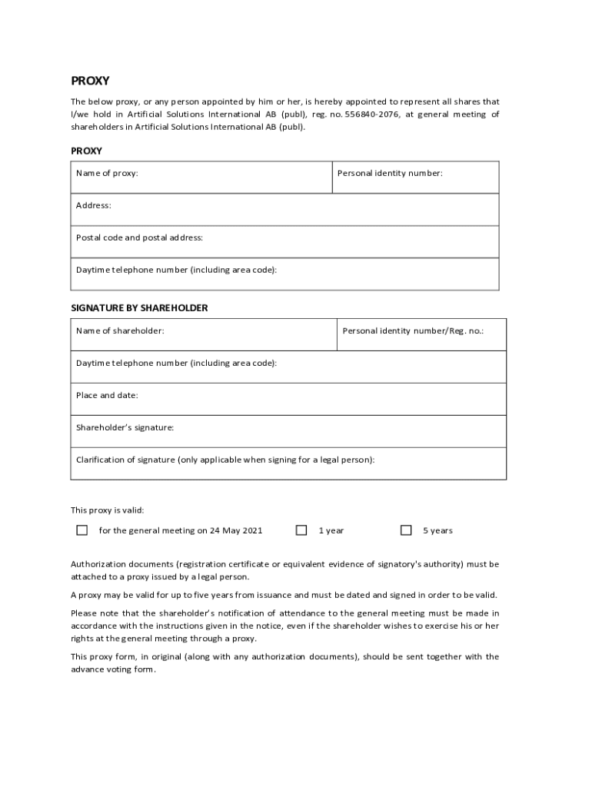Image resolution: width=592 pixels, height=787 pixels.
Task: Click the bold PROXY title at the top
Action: (90, 81)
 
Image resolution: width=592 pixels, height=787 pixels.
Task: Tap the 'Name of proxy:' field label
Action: (107, 173)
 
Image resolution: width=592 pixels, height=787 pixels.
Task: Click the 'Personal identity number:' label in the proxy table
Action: (390, 173)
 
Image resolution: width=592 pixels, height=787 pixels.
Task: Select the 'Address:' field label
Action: (93, 205)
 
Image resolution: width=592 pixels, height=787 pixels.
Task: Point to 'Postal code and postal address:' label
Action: (139, 237)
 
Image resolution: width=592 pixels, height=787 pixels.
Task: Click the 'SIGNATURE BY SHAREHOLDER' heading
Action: (139, 307)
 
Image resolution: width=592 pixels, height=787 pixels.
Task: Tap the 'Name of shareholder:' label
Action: (119, 330)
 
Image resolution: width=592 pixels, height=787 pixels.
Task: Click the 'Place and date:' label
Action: (107, 395)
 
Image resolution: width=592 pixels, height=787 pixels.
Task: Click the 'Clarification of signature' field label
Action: (225, 460)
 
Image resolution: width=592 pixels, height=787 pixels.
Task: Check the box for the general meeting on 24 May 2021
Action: (82, 530)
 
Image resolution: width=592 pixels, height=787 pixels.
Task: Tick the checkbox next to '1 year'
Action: (302, 530)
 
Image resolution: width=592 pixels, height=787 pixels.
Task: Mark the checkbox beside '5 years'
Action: (406, 530)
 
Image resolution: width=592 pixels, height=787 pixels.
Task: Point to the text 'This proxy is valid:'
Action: (107, 510)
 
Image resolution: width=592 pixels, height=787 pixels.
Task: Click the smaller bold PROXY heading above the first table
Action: (86, 151)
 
